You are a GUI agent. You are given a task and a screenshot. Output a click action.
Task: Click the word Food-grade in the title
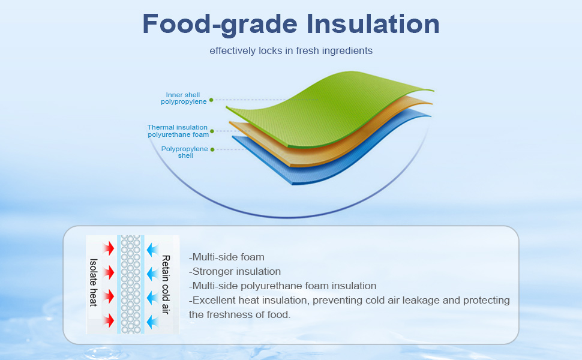coord(220,25)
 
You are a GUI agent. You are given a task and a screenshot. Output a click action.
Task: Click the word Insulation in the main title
coord(373,24)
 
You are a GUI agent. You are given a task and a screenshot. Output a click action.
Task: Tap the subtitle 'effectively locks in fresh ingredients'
coord(291,50)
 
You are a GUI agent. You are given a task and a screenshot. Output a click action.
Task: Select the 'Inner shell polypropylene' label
coord(184,98)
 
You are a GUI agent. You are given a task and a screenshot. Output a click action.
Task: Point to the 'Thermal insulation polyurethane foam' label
coord(178,131)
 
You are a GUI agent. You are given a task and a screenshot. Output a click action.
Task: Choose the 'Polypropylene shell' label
coord(184,152)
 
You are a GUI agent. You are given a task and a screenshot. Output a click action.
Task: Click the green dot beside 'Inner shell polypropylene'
coord(211,100)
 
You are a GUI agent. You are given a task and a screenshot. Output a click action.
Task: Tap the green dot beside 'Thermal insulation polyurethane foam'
coord(212,131)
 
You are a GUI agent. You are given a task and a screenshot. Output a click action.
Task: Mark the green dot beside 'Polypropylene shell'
coord(212,149)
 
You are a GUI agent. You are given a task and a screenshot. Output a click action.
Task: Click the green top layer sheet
coord(326,107)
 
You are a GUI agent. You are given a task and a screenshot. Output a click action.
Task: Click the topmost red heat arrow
coord(109,248)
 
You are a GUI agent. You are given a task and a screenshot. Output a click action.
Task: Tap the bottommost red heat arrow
coord(109,320)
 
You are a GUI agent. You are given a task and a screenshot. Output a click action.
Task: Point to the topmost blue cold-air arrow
coord(152,250)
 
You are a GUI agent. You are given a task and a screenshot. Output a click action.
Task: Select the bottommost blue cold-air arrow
coord(152,322)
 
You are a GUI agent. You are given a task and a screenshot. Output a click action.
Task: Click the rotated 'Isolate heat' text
coord(94,283)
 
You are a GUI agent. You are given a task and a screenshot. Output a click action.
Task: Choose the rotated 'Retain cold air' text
coord(166,284)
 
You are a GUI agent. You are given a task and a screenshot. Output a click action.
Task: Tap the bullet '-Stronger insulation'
coord(235,271)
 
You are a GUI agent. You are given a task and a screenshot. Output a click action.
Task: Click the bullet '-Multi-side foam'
coord(227,257)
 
